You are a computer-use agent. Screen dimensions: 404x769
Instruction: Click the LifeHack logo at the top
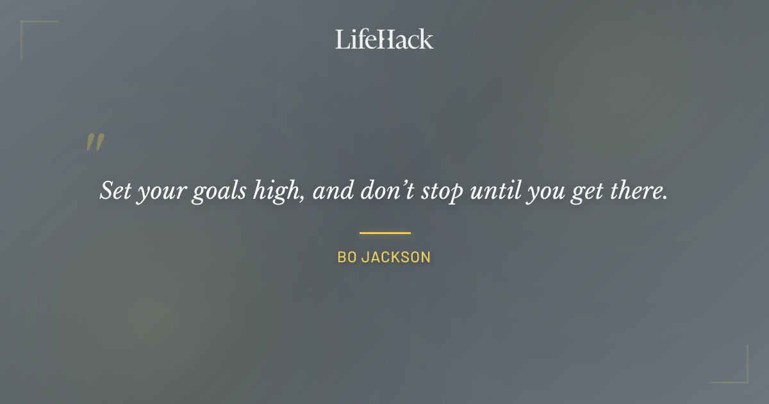[384, 39]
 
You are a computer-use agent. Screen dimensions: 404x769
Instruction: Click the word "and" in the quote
[331, 191]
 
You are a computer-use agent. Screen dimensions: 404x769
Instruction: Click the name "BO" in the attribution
[347, 258]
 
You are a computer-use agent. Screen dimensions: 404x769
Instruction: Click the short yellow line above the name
[384, 233]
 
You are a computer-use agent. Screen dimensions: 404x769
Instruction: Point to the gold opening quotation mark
[95, 143]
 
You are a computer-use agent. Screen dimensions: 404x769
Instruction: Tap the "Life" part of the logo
[354, 39]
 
